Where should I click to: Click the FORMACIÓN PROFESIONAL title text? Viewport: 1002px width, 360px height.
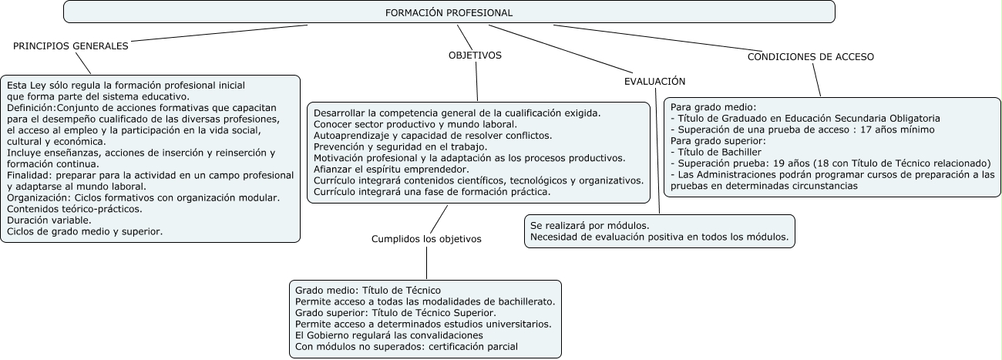tap(449, 13)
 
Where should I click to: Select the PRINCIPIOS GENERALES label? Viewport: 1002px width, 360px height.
tap(71, 46)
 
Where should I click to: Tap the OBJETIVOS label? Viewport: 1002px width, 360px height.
tap(475, 56)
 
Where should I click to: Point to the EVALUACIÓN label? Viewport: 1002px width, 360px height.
tap(654, 81)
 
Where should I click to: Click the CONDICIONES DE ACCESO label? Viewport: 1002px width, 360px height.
tap(811, 56)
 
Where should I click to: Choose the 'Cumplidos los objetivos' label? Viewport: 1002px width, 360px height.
tap(426, 239)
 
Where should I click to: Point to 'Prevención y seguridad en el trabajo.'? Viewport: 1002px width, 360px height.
tap(400, 146)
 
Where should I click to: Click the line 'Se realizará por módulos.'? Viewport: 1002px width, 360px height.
tap(589, 225)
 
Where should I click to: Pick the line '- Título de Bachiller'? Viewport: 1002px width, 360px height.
tap(716, 152)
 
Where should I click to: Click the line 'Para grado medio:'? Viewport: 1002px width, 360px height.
tap(713, 107)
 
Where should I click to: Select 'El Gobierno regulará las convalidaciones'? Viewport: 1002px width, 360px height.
tap(389, 335)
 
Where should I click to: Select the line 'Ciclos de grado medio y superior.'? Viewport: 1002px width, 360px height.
tap(85, 230)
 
